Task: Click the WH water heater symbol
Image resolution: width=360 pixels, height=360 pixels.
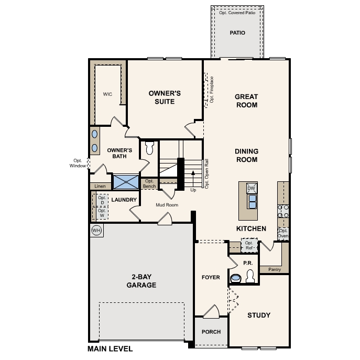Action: click(96, 230)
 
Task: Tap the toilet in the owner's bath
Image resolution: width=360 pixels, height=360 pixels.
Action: click(149, 148)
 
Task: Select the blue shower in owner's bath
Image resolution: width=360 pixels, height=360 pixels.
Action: click(126, 182)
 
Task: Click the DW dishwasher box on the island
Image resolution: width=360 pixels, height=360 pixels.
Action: click(252, 188)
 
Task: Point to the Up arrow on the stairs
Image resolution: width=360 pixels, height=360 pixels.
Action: click(193, 179)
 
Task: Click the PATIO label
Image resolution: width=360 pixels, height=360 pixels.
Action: click(237, 33)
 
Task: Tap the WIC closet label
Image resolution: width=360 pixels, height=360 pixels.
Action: click(107, 94)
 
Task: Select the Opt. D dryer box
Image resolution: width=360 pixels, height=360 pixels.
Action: click(102, 200)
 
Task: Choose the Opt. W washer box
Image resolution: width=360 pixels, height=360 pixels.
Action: click(102, 213)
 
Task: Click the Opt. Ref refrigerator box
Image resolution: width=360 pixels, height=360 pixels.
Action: click(249, 245)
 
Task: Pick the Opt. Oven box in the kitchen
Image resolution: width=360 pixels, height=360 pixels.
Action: click(283, 234)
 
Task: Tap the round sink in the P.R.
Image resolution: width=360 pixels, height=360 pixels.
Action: click(236, 278)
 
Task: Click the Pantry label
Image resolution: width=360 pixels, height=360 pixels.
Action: click(275, 269)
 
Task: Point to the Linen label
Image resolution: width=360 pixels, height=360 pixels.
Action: click(100, 186)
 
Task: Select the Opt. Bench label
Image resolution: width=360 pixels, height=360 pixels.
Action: click(149, 184)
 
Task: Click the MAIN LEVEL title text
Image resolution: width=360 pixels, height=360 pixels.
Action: click(110, 349)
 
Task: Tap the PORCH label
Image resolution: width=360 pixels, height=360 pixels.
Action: click(211, 332)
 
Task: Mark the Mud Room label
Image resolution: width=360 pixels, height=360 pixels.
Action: click(167, 205)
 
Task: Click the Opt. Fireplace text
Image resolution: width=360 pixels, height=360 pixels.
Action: click(212, 90)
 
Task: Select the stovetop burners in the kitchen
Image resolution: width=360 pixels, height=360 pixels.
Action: click(283, 211)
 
